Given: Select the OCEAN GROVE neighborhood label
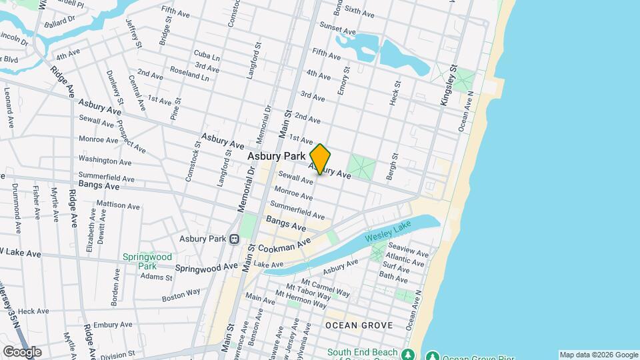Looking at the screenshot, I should coord(359,325).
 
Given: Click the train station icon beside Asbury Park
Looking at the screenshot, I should coord(234,239).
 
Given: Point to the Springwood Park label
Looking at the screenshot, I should coord(147,261).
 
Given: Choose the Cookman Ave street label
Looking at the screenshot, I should coord(285,247).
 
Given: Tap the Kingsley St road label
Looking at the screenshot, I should coord(447,85).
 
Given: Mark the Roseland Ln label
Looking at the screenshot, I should coord(190,77).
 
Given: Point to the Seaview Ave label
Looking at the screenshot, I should coord(413,253).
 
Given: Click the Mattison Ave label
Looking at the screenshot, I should coord(116,204).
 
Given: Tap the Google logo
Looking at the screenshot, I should coord(22,352).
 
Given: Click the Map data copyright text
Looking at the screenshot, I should coord(599,355).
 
